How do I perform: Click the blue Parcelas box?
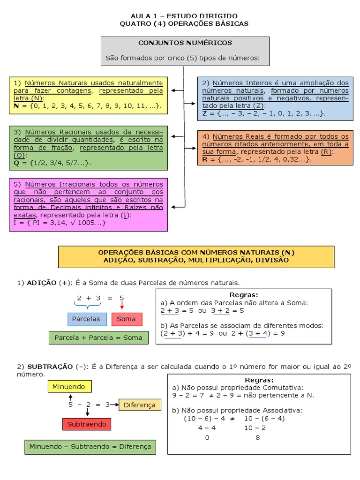click(86, 319)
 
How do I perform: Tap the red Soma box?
click(126, 319)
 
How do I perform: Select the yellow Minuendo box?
click(68, 387)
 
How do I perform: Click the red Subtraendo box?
click(87, 424)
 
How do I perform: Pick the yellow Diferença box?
click(140, 405)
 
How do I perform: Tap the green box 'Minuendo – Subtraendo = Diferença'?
click(90, 447)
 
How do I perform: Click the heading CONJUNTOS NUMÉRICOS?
click(185, 43)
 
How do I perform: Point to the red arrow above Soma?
click(122, 305)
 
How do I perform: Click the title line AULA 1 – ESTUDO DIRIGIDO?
click(185, 16)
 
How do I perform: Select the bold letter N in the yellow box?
click(16, 106)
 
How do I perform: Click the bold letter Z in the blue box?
click(205, 113)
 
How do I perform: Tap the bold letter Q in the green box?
click(17, 163)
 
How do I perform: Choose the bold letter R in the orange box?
click(205, 159)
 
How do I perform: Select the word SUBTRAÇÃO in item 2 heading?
click(49, 366)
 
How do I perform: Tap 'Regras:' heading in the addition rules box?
click(243, 295)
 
